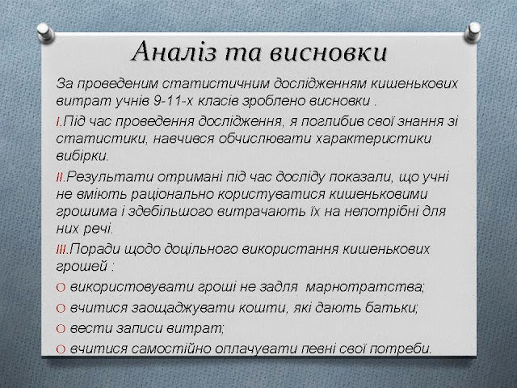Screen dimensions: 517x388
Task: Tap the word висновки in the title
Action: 327,53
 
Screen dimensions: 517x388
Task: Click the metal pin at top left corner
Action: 46,32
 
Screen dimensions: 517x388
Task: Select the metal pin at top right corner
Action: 473,32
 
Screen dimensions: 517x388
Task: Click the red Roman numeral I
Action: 58,122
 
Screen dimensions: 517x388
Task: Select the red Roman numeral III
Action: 61,250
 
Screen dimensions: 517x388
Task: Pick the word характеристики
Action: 373,139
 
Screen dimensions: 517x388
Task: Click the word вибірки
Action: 82,156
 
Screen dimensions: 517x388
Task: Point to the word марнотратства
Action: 364,288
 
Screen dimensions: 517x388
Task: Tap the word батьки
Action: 391,308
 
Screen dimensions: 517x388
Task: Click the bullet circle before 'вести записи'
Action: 61,329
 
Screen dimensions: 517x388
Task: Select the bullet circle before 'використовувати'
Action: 61,288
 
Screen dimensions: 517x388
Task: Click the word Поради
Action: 95,250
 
